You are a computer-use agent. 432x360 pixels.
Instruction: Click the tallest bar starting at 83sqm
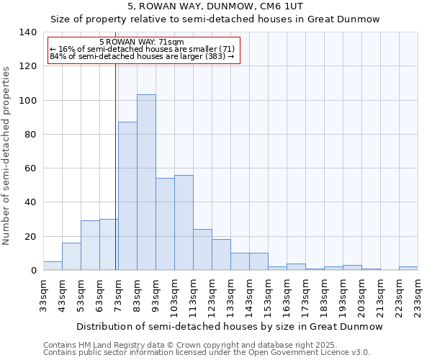point(146,182)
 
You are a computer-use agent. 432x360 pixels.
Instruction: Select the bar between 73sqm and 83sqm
point(127,196)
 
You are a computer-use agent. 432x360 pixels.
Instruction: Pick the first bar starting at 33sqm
point(53,266)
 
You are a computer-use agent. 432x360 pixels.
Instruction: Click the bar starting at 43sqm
point(71,256)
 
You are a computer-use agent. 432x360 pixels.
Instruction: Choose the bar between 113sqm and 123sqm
point(202,250)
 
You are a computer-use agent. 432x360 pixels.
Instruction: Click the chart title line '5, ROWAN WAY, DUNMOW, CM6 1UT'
point(216,6)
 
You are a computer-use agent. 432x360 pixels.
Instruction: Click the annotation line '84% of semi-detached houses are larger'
point(142,56)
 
